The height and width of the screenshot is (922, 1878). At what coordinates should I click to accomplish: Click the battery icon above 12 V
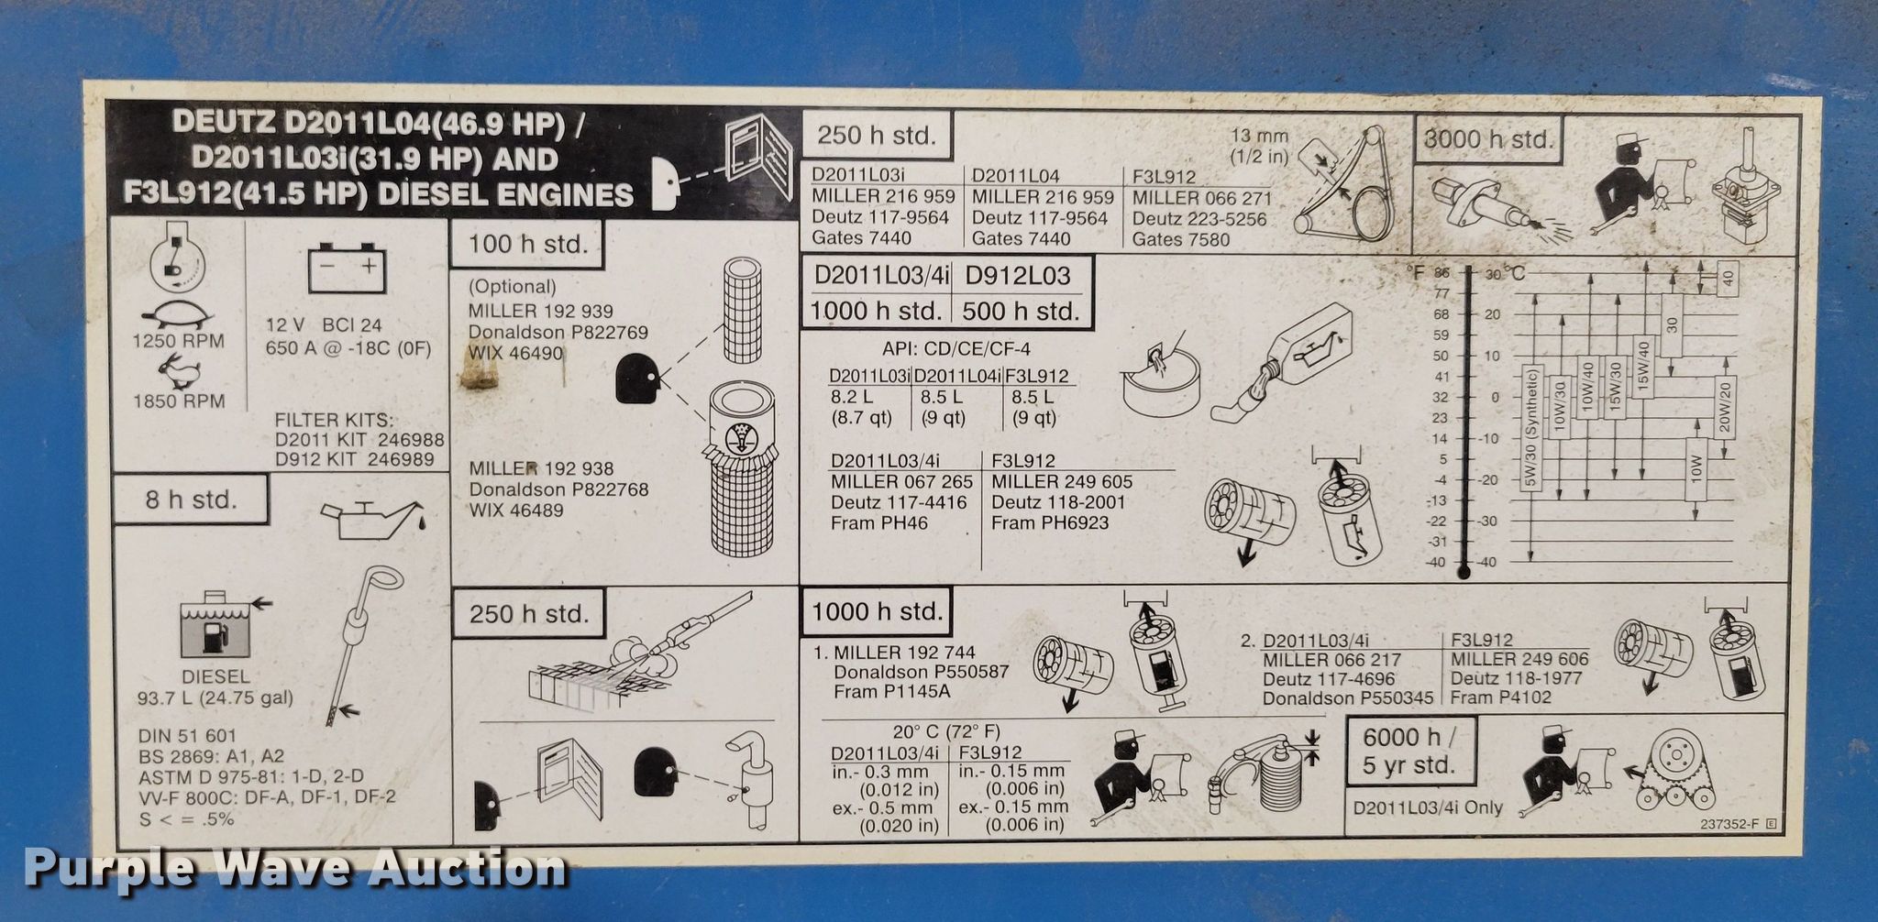tap(347, 268)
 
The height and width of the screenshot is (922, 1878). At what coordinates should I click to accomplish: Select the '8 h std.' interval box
tap(191, 500)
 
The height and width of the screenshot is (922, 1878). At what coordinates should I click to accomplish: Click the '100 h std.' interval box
tap(527, 245)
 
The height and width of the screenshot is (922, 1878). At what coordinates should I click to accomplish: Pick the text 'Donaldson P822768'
tap(558, 489)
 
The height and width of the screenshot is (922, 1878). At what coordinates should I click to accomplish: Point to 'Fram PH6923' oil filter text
tap(1050, 522)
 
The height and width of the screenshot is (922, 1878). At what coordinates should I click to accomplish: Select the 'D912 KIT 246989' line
tap(355, 459)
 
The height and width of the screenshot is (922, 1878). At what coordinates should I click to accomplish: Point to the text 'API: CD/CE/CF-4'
tap(956, 349)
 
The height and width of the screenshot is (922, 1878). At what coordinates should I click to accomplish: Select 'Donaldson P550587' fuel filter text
tap(922, 672)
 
